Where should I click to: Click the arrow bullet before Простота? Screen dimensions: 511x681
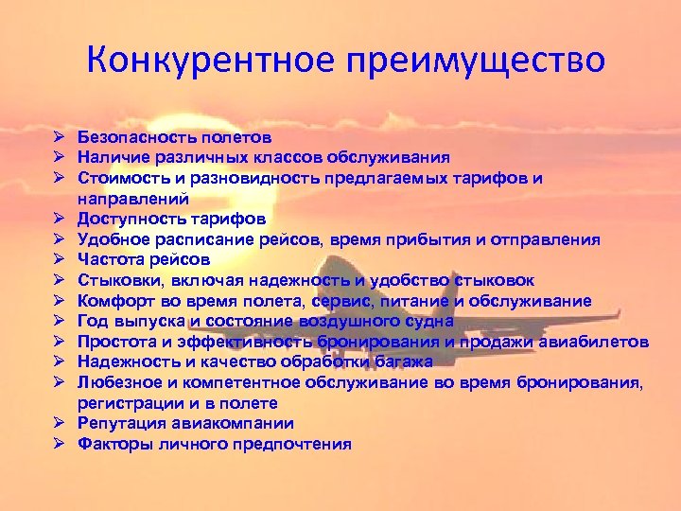point(58,342)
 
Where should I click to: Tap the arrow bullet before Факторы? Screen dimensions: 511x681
point(58,444)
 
